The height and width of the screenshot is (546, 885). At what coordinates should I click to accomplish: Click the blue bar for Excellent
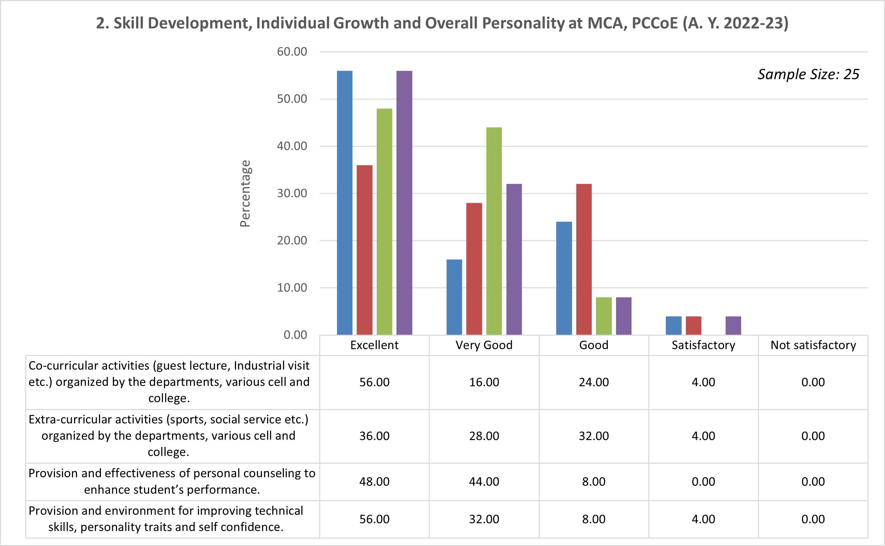tap(344, 203)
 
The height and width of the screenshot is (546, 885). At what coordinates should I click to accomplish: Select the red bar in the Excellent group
tap(364, 250)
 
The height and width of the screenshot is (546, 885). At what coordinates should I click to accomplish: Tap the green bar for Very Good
tap(494, 231)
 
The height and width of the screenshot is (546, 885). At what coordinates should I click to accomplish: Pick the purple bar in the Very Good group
tap(514, 259)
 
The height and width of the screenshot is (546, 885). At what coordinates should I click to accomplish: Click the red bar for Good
tap(584, 259)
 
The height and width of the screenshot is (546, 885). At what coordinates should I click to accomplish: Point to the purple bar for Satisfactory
tap(733, 325)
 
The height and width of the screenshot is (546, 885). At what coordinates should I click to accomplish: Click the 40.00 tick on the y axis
tap(292, 146)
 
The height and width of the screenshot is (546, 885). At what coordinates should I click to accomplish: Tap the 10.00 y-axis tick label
tap(292, 288)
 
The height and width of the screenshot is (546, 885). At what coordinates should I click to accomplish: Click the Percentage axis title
tap(245, 194)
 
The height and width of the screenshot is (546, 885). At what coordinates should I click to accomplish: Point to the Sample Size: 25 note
tap(808, 74)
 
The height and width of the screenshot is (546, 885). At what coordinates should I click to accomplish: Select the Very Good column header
tap(484, 345)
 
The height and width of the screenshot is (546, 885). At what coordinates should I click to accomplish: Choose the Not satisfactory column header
tap(813, 345)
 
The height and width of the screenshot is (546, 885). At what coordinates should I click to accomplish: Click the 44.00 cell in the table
tap(484, 482)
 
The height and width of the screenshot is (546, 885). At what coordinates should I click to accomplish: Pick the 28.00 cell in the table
tap(484, 436)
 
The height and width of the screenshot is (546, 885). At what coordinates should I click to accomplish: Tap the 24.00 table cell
tap(593, 382)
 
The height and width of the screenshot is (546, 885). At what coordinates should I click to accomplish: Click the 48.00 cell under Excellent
tap(374, 482)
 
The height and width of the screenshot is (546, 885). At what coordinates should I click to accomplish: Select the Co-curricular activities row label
tap(169, 382)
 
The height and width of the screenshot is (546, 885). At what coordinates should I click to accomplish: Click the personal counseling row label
tap(172, 481)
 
